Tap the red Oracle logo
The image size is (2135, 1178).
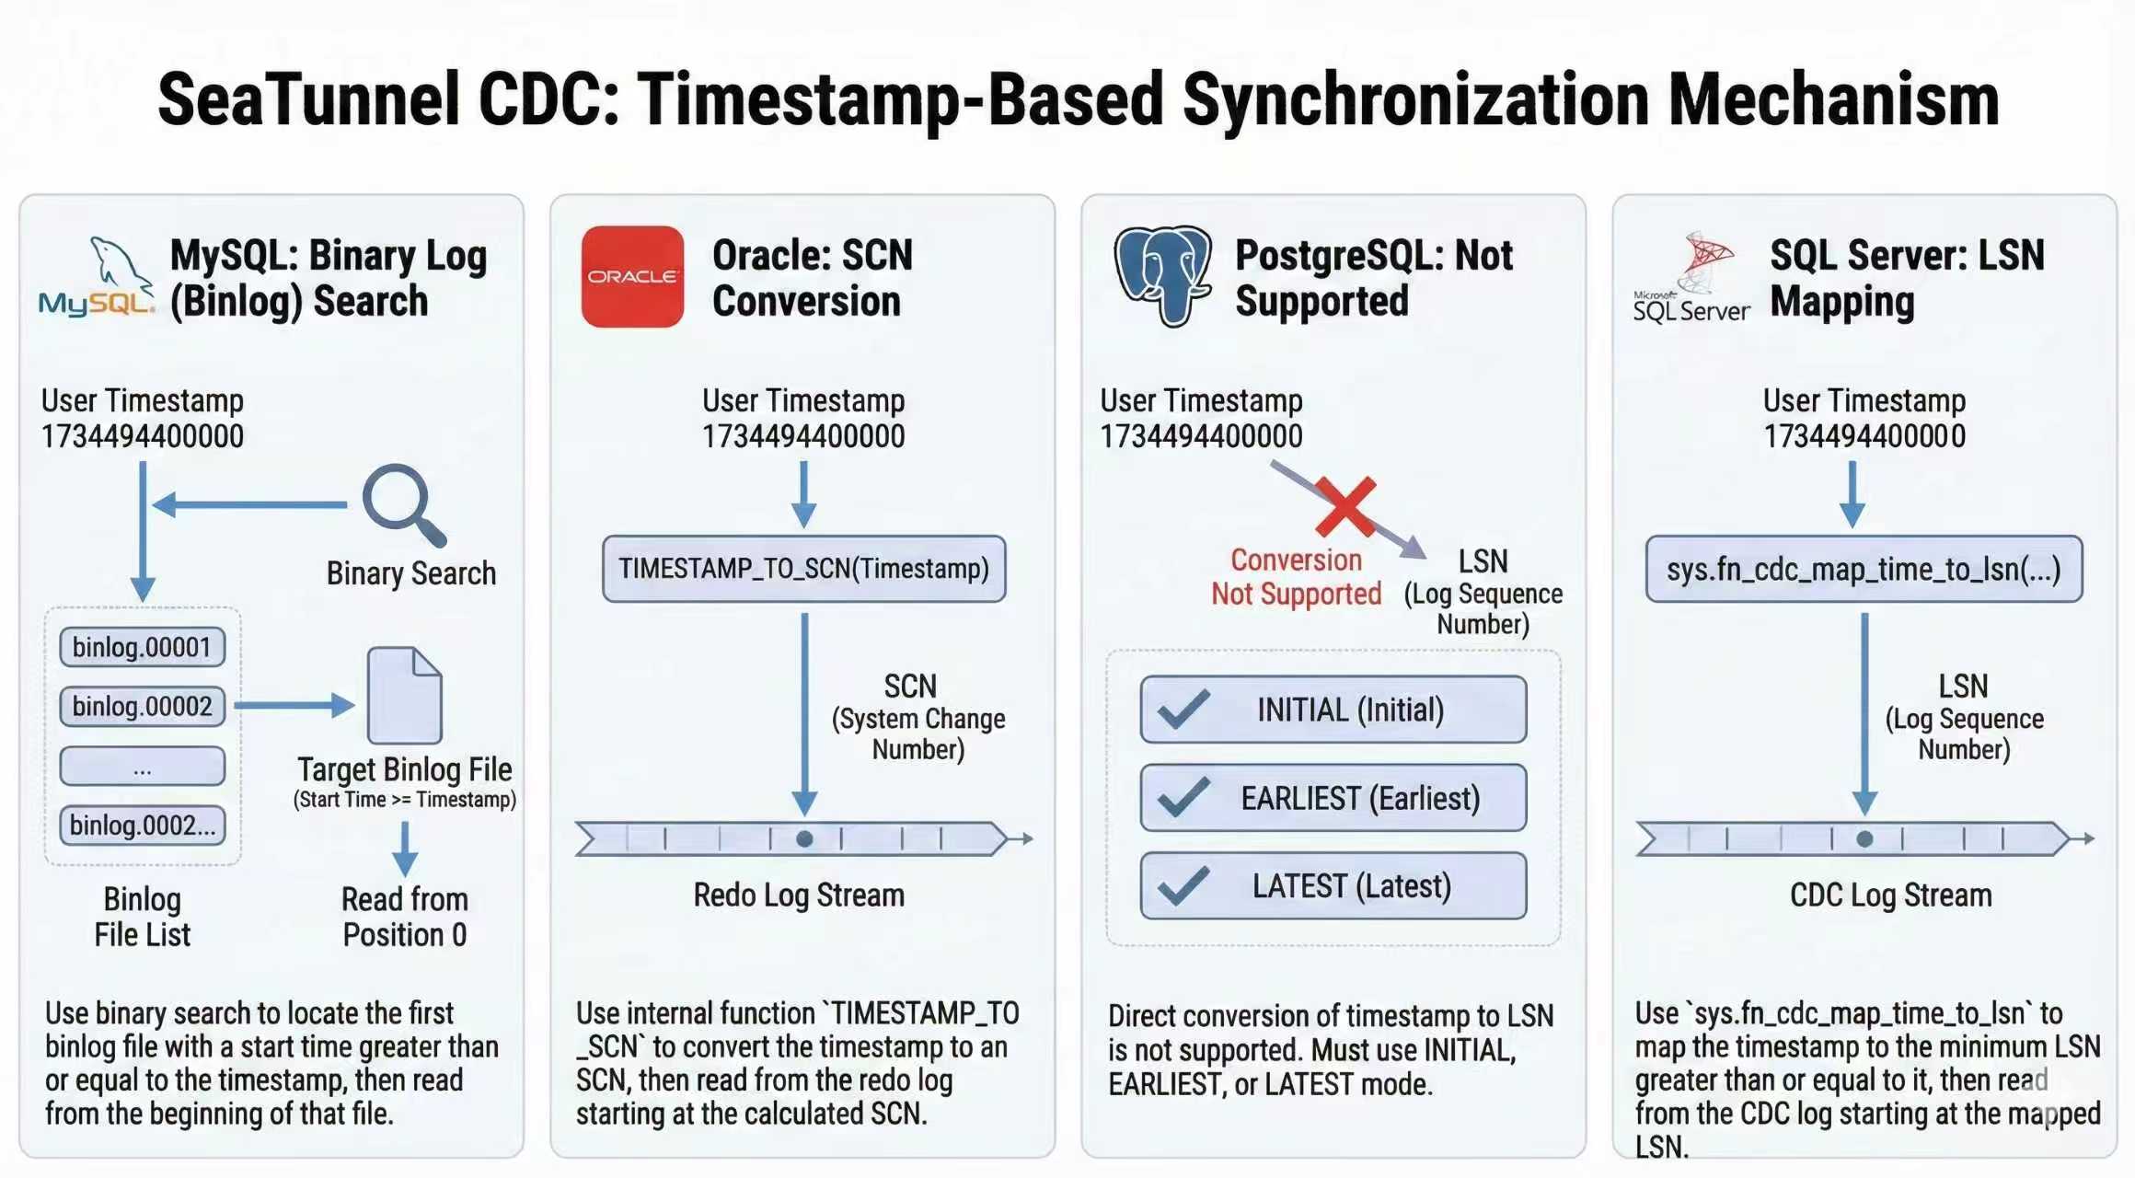click(632, 276)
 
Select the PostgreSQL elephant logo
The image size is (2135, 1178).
click(1162, 275)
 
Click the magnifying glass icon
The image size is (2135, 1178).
click(403, 503)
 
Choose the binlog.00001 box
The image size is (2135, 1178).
click(142, 647)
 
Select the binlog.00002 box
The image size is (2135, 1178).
click(142, 706)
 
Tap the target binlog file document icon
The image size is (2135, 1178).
click(404, 695)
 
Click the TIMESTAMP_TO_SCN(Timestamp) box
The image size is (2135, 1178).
click(803, 569)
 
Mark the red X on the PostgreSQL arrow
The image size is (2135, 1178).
click(1344, 506)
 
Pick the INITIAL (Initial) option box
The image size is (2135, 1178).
click(1333, 710)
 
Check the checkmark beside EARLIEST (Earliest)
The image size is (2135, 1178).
click(1183, 797)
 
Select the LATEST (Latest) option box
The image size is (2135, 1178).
click(1333, 885)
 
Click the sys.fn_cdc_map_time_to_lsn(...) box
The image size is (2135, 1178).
click(1864, 570)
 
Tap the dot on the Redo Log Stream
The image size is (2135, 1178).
click(804, 839)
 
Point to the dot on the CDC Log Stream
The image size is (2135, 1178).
click(1864, 839)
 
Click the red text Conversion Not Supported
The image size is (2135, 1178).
click(1296, 577)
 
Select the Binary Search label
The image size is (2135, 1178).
click(410, 573)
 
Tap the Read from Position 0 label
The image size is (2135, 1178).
click(404, 917)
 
